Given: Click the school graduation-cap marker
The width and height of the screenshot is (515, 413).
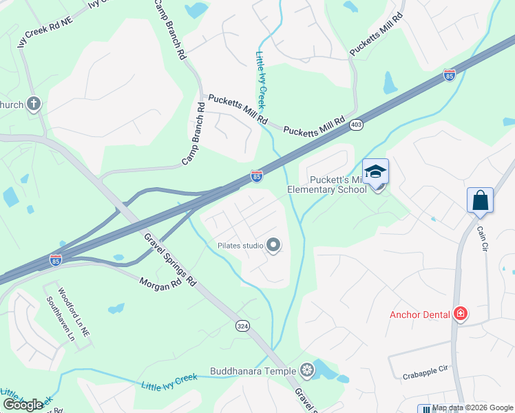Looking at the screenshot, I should [x=376, y=171].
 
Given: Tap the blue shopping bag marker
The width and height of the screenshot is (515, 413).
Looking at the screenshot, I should [x=480, y=200].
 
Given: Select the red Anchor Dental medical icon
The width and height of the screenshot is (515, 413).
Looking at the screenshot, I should [x=461, y=315].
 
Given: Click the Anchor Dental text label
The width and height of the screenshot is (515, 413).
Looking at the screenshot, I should [x=420, y=315].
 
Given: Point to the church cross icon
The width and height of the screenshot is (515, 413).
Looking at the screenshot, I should [x=33, y=105].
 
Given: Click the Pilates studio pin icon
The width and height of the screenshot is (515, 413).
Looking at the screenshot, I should [x=273, y=245].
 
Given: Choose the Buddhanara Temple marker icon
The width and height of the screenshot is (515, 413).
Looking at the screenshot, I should [x=306, y=371].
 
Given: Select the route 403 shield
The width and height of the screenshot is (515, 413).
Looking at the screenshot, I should [x=356, y=125].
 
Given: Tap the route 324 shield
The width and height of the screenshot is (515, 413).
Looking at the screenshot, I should [x=242, y=325].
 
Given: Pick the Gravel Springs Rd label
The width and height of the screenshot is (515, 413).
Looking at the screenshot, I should [x=169, y=260].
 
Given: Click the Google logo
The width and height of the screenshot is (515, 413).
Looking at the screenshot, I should [x=23, y=405].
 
